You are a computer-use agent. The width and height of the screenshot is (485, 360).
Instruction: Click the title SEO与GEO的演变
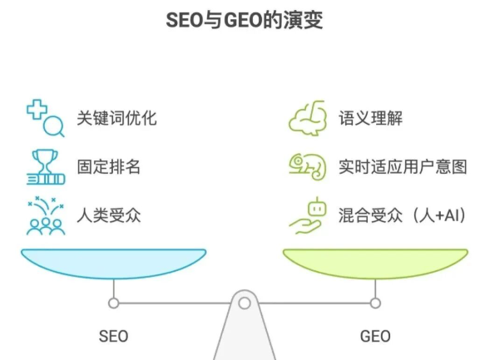pyautogui.click(x=245, y=20)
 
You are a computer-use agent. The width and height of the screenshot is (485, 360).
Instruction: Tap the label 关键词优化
pyautogui.click(x=117, y=118)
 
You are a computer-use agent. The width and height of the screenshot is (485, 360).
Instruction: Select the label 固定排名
pyautogui.click(x=109, y=166)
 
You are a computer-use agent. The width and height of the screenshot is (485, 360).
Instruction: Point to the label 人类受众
pyautogui.click(x=109, y=215)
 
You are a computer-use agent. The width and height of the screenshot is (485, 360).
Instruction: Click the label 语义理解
pyautogui.click(x=370, y=118)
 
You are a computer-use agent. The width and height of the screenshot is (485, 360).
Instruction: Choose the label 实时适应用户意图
pyautogui.click(x=403, y=166)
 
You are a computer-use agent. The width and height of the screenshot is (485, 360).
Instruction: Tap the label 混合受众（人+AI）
pyautogui.click(x=402, y=215)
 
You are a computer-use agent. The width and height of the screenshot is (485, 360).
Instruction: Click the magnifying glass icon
pyautogui.click(x=54, y=126)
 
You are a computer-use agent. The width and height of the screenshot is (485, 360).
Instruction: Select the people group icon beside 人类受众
pyautogui.click(x=46, y=227)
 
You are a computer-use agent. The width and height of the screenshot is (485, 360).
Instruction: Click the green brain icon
pyautogui.click(x=308, y=118)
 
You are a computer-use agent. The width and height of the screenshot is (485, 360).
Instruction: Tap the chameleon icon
pyautogui.click(x=308, y=167)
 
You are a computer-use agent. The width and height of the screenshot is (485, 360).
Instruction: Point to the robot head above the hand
pyautogui.click(x=317, y=208)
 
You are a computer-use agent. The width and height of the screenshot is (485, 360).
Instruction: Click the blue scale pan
pyautogui.click(x=113, y=264)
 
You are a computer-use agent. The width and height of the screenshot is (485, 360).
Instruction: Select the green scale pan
pyautogui.click(x=375, y=264)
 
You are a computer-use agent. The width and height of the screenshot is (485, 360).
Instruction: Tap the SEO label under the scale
pyautogui.click(x=113, y=336)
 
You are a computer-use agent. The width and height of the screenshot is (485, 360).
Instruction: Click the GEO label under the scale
pyautogui.click(x=375, y=336)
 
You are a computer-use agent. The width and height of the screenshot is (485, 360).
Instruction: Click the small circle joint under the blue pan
pyautogui.click(x=113, y=303)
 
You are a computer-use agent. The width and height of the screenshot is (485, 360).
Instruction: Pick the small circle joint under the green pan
pyautogui.click(x=375, y=303)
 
